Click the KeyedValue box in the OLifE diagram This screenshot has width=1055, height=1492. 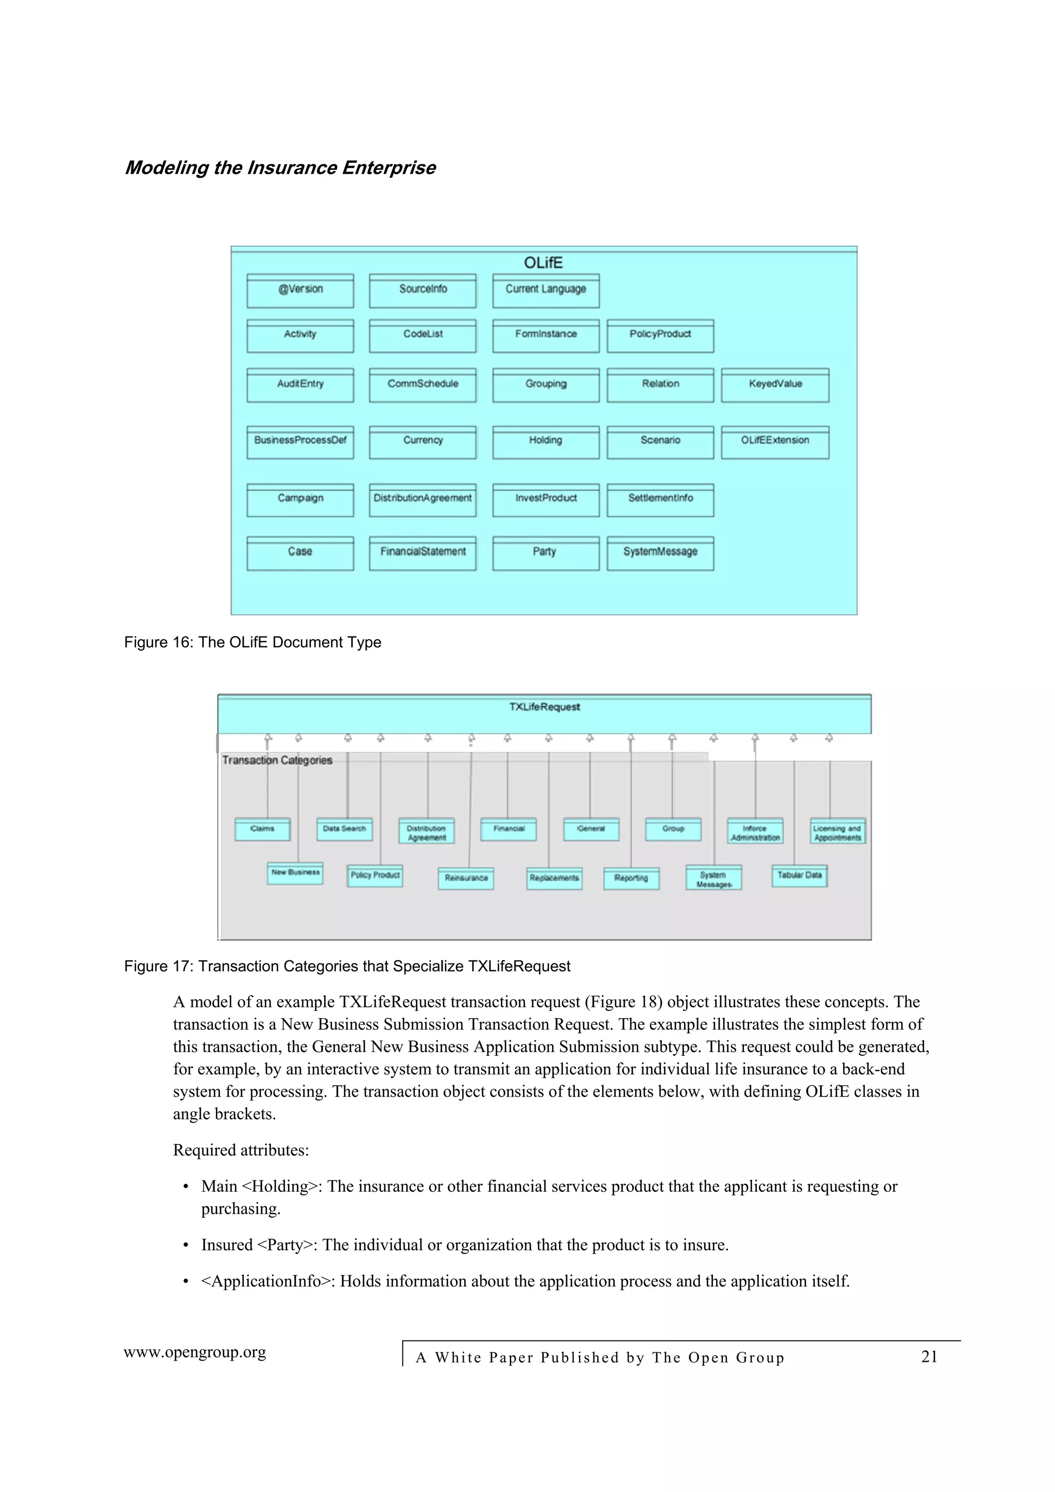[775, 385]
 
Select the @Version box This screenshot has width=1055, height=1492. [300, 290]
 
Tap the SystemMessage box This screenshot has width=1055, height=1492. [660, 553]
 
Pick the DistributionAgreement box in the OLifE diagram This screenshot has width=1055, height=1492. [422, 500]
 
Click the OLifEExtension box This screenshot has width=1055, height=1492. [775, 442]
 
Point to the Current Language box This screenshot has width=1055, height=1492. [546, 290]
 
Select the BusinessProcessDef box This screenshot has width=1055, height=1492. [300, 442]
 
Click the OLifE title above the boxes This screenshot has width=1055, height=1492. [543, 263]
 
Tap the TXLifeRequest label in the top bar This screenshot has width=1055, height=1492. [544, 707]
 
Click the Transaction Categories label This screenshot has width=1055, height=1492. [277, 760]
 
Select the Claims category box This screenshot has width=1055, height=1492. [263, 829]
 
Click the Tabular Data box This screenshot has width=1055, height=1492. [799, 876]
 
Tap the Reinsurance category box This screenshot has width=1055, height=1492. [466, 879]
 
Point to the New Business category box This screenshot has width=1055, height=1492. [295, 873]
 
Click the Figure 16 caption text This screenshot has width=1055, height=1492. [252, 642]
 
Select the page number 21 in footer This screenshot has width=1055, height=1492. [929, 1357]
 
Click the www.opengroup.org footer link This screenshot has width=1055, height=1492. [195, 1353]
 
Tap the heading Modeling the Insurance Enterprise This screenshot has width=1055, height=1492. [280, 168]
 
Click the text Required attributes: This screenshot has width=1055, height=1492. [241, 1150]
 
